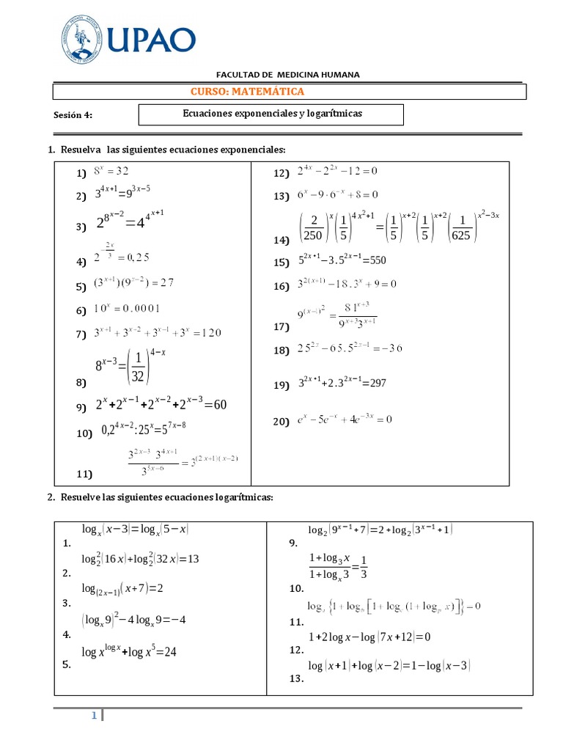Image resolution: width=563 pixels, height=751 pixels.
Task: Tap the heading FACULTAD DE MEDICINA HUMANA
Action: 287,75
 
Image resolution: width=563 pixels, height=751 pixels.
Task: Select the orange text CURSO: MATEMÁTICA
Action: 247,92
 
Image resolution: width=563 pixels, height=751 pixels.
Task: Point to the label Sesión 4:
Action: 73,115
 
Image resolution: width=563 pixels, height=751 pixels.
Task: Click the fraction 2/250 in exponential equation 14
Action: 313,226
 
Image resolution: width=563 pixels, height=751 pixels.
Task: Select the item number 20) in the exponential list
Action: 282,422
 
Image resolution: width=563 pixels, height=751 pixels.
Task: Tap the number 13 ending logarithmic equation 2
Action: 193,559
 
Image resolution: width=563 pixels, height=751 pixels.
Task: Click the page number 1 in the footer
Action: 95,715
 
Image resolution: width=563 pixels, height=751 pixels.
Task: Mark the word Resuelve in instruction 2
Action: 80,497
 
